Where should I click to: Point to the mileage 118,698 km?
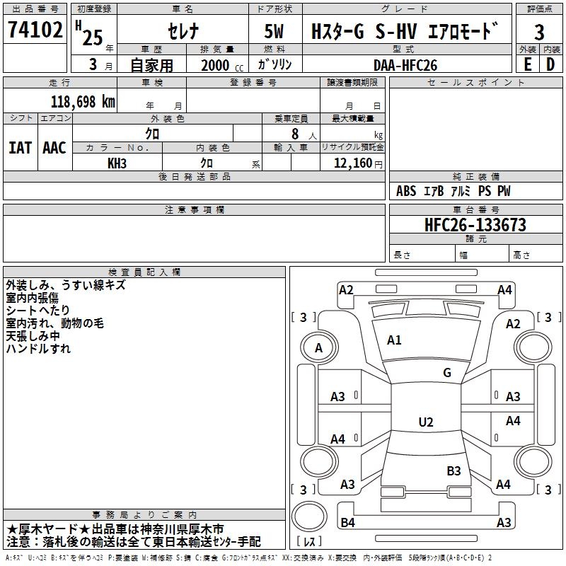(x=83, y=102)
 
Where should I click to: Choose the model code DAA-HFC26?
(x=405, y=64)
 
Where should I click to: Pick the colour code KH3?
(x=117, y=162)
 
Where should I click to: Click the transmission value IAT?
(x=20, y=148)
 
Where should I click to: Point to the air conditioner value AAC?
(x=54, y=148)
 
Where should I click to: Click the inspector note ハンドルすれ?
(x=38, y=349)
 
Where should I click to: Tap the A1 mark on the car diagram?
(x=394, y=340)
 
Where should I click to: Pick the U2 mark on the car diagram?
(x=425, y=422)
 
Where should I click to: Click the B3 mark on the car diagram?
(x=454, y=470)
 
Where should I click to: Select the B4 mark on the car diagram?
(x=347, y=523)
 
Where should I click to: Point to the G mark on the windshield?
(x=446, y=373)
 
